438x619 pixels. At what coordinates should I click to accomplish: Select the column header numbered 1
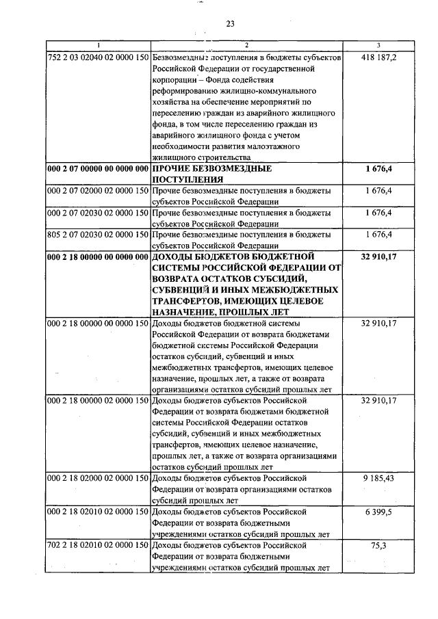(x=98, y=46)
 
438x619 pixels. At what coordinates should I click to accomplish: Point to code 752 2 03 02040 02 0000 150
(x=98, y=58)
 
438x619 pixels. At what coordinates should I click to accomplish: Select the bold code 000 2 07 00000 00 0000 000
(x=98, y=168)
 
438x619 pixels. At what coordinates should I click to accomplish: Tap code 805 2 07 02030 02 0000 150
(x=98, y=235)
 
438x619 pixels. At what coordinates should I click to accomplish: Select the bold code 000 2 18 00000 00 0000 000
(x=98, y=256)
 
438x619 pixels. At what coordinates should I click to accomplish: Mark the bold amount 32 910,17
(x=378, y=256)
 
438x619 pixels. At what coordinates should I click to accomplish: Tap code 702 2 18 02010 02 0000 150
(x=98, y=545)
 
